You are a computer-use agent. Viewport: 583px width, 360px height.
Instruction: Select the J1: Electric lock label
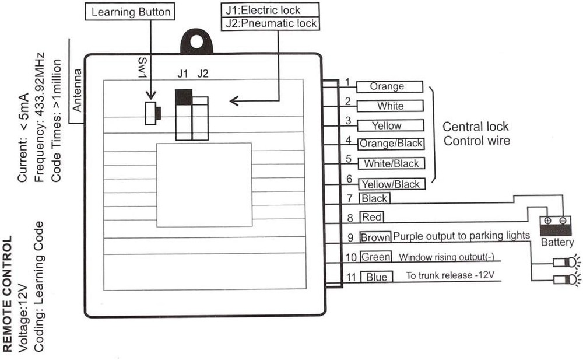click(270, 10)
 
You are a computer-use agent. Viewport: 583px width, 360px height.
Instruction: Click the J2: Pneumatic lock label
click(270, 24)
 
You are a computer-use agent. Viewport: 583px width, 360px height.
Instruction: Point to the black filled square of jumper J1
click(183, 97)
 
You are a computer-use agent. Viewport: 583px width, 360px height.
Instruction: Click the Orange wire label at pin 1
click(388, 86)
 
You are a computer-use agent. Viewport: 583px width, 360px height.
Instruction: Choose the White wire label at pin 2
click(390, 106)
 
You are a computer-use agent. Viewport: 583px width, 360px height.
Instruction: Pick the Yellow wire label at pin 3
click(387, 125)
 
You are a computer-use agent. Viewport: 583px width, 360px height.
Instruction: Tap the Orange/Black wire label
click(391, 144)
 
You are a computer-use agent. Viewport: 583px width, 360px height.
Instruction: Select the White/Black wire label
click(391, 163)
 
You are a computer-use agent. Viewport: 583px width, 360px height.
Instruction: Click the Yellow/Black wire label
click(391, 184)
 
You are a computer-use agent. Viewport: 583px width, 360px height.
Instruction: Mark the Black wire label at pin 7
click(374, 198)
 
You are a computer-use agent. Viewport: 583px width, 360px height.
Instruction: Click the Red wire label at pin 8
click(371, 218)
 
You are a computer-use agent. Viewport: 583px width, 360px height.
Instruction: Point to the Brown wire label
click(375, 237)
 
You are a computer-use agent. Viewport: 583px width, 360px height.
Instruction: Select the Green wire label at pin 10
click(375, 257)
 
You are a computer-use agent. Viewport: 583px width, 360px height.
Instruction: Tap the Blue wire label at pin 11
click(377, 277)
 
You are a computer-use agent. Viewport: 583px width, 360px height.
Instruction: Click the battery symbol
click(556, 225)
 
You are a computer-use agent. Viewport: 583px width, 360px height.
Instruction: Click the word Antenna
click(78, 91)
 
